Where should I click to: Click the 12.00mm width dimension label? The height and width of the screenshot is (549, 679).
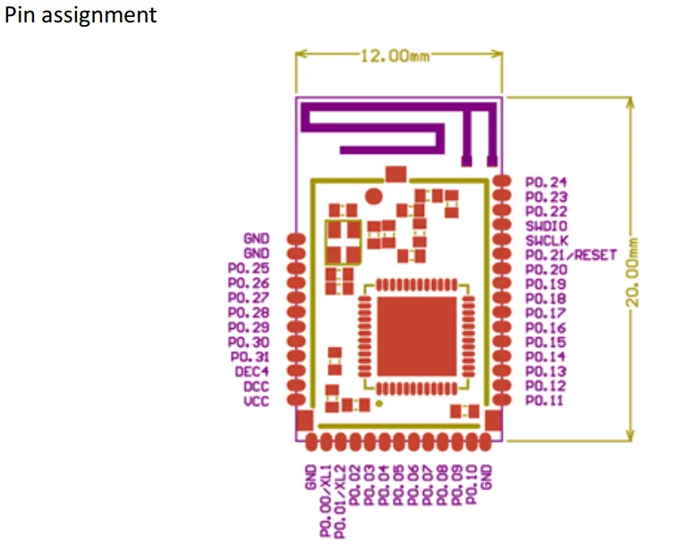(x=395, y=56)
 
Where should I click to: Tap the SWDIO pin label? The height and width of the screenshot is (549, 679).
(x=546, y=226)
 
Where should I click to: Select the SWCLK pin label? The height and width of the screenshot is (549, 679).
(x=546, y=241)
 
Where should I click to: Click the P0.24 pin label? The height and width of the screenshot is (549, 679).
(x=546, y=182)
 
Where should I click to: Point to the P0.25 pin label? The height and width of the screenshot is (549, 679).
(x=248, y=268)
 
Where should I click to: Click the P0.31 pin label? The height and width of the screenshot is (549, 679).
(x=248, y=356)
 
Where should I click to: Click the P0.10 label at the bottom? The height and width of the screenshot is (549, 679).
(x=471, y=485)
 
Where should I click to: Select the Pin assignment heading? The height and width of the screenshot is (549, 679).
(x=81, y=15)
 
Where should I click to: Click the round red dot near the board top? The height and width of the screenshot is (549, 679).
(x=375, y=195)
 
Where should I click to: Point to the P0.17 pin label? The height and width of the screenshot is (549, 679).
(x=546, y=313)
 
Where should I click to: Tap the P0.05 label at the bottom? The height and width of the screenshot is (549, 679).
(x=399, y=485)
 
